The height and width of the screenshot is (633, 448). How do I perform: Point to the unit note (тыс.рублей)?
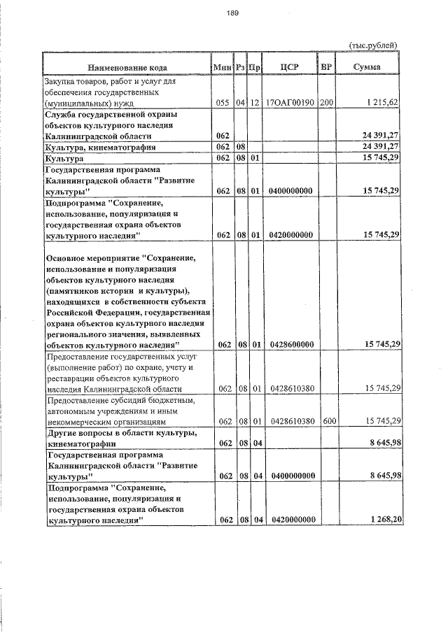[374, 45]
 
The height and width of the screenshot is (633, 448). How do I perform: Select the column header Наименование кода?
[127, 67]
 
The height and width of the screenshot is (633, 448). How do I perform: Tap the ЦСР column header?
[289, 67]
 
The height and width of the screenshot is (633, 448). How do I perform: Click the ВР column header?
[325, 67]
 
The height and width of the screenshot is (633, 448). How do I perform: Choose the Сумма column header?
[367, 67]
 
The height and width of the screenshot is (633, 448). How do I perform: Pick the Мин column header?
[223, 67]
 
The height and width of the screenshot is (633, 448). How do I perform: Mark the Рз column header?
[240, 67]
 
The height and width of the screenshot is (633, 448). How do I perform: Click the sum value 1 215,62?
[381, 103]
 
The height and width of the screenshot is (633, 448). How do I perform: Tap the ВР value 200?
[326, 103]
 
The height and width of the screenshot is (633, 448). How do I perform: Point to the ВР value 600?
[326, 420]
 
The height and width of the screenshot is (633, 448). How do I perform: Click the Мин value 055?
[223, 103]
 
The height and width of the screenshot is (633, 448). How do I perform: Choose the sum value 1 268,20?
[381, 520]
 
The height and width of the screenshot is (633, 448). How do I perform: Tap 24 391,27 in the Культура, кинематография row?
[380, 148]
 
